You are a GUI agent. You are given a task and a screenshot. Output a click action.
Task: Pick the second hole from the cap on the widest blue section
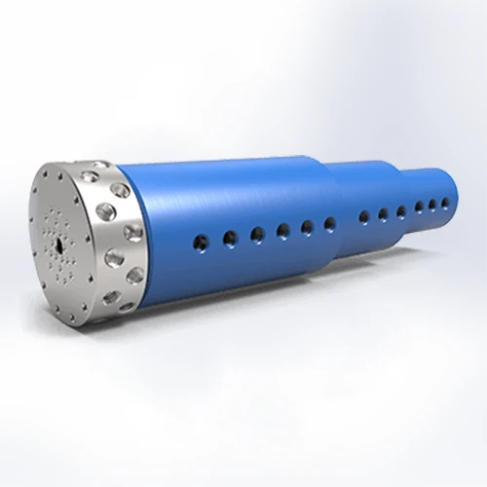click(229, 236)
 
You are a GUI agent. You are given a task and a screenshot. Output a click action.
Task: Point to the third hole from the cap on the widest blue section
click(258, 233)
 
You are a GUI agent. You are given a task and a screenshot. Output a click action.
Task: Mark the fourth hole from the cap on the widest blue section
click(283, 230)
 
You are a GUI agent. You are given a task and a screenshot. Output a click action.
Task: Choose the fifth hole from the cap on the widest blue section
click(307, 227)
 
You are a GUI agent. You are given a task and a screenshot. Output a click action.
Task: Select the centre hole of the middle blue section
click(383, 213)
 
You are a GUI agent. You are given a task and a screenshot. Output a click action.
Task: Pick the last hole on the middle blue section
click(401, 210)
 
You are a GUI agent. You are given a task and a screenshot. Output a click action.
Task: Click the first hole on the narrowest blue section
click(419, 206)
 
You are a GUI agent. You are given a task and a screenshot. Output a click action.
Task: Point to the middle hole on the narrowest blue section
click(432, 205)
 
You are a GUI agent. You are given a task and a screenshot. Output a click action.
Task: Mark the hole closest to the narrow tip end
click(446, 203)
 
